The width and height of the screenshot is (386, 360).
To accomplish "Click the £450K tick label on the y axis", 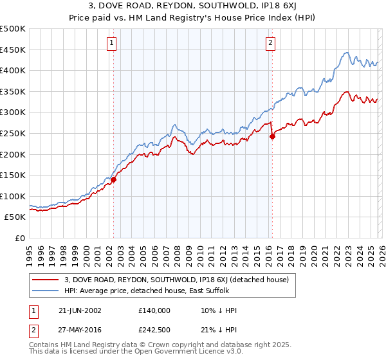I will pyautogui.click(x=13, y=50).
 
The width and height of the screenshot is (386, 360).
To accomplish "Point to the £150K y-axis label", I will pyautogui.click(x=13, y=175).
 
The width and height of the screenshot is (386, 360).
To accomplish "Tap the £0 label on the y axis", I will pyautogui.click(x=21, y=238).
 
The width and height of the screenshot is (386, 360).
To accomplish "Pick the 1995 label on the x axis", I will pyautogui.click(x=30, y=250).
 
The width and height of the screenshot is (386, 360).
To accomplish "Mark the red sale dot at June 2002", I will pyautogui.click(x=114, y=180).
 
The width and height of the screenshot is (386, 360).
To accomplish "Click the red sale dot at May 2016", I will pyautogui.click(x=272, y=136).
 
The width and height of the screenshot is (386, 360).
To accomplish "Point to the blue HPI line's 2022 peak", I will pyautogui.click(x=346, y=53).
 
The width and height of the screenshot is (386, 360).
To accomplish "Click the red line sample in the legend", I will pyautogui.click(x=45, y=280).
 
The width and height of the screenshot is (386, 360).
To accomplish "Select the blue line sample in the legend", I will pyautogui.click(x=45, y=291).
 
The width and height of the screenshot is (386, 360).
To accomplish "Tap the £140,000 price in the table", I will pyautogui.click(x=154, y=310).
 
